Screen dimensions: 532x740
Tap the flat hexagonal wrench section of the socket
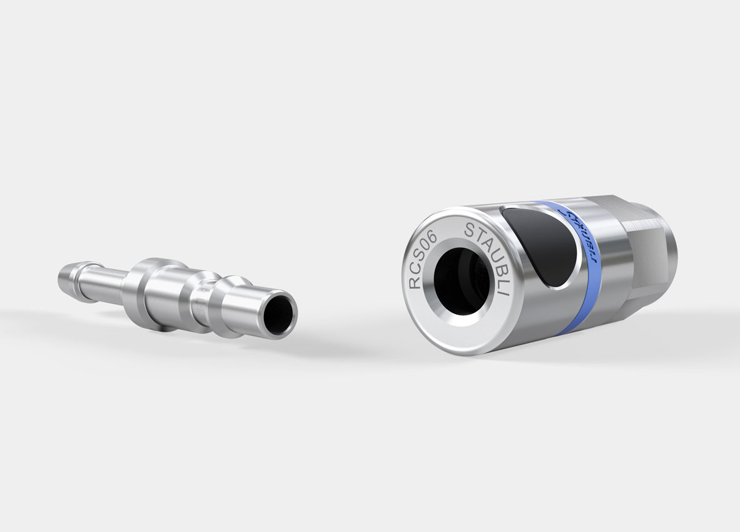click(644, 250)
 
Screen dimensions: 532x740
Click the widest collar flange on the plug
click(150, 294)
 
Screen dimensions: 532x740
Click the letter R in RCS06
click(414, 282)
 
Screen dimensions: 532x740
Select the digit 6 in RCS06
click(437, 237)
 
